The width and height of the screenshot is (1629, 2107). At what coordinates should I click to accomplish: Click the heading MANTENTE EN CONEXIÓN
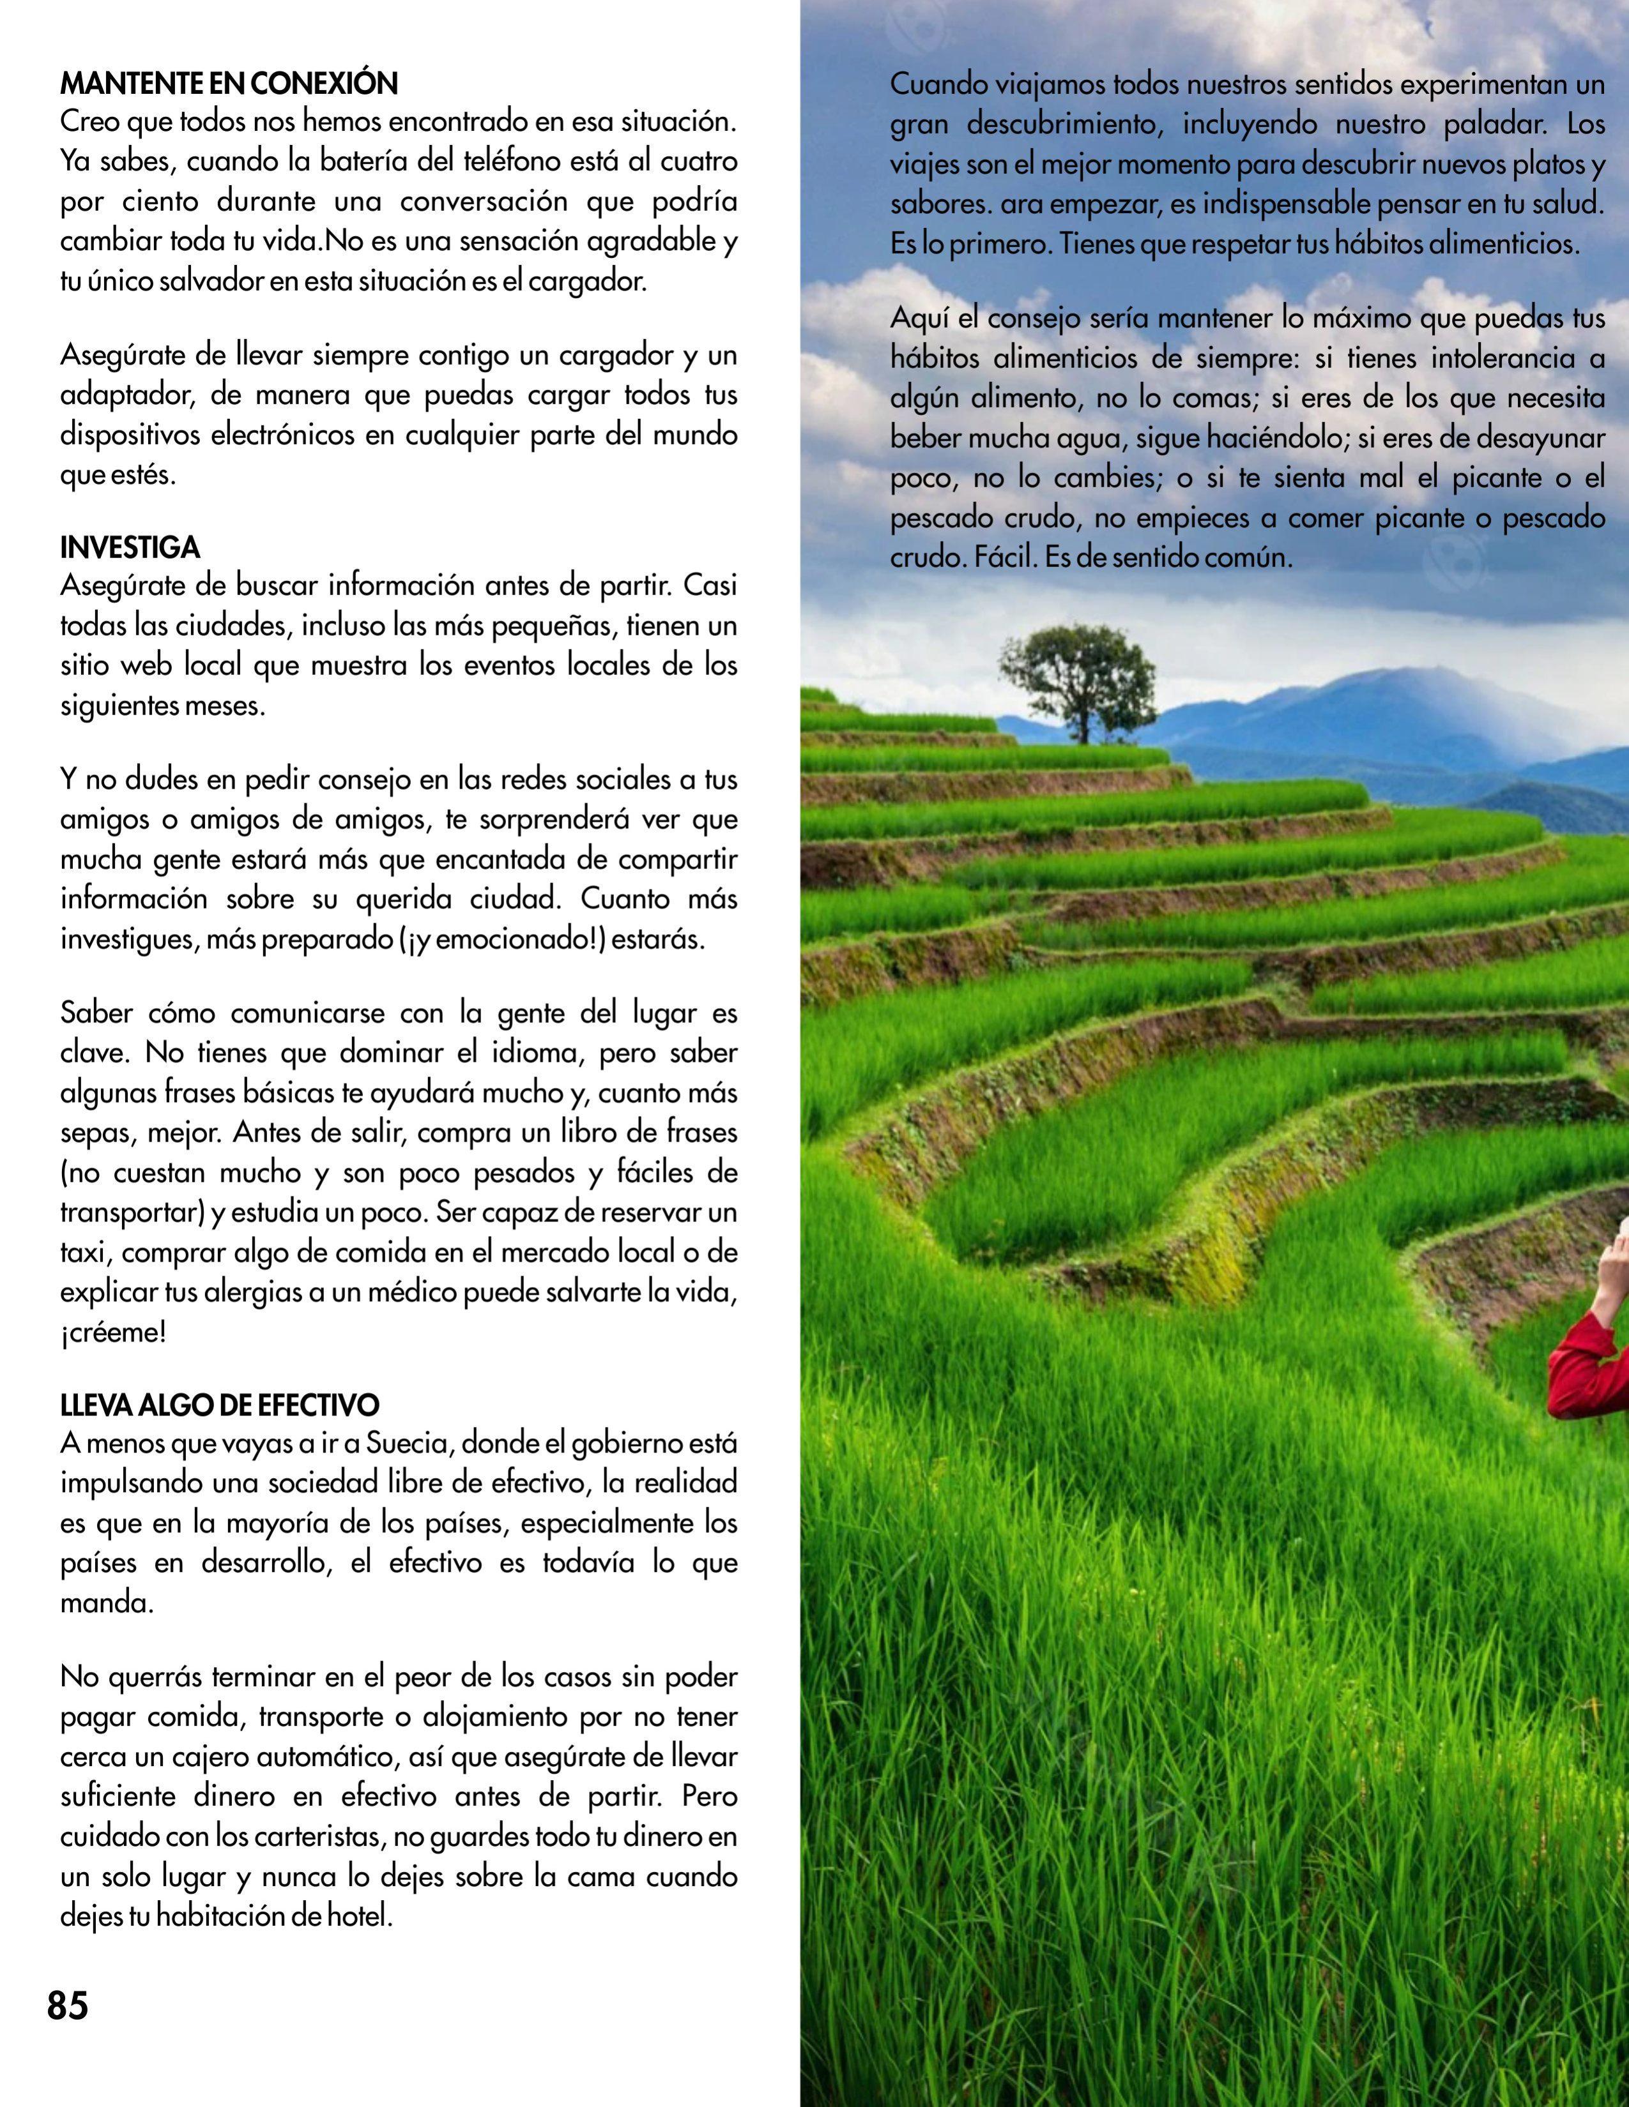pos(229,84)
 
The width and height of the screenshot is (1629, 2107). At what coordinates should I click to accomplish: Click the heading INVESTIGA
pos(130,548)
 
